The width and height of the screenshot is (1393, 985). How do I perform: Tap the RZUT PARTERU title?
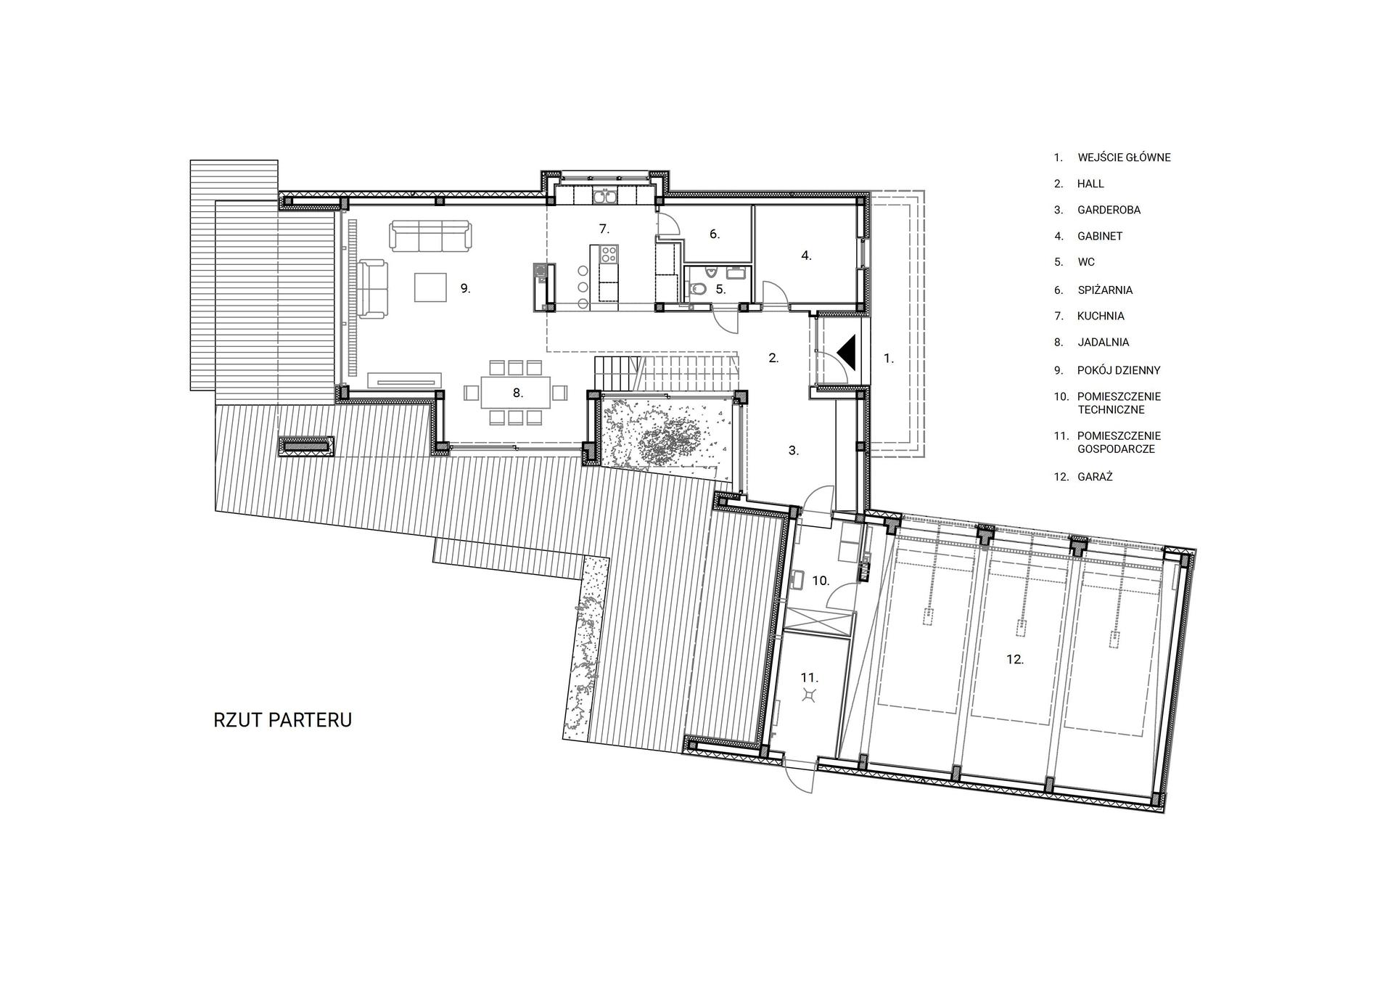click(283, 720)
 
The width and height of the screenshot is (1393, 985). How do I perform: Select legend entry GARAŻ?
click(1095, 477)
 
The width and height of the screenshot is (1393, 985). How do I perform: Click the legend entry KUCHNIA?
click(1101, 316)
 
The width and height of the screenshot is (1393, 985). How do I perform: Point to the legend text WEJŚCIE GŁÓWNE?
click(1124, 157)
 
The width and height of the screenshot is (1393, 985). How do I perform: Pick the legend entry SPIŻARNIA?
click(1105, 290)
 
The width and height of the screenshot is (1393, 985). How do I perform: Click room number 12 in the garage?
click(1015, 659)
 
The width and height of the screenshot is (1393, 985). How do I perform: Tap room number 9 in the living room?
click(465, 288)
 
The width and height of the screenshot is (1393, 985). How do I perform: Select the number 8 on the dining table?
click(517, 393)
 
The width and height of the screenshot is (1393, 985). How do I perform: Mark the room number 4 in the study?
click(806, 256)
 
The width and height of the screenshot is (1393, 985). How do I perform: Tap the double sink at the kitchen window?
click(604, 196)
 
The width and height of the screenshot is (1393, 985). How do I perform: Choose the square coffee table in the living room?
click(430, 286)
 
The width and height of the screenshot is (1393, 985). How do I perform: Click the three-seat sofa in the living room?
click(430, 235)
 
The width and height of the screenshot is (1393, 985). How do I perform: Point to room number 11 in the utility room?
click(809, 677)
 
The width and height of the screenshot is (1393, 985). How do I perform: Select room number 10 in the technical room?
click(821, 581)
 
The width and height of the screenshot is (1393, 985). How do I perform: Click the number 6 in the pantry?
click(715, 234)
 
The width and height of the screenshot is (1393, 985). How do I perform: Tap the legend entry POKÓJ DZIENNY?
click(1119, 370)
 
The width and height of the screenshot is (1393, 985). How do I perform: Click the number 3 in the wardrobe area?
click(794, 450)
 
